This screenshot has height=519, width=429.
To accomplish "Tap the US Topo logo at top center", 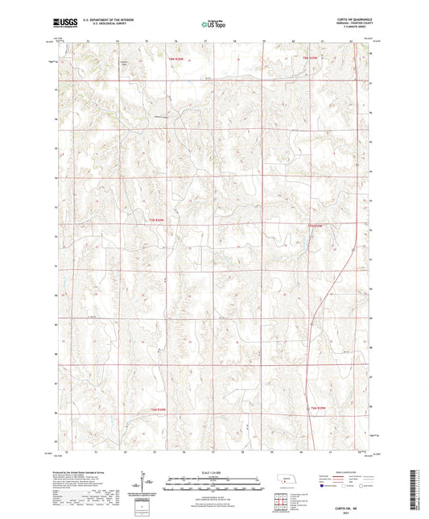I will click(x=213, y=25).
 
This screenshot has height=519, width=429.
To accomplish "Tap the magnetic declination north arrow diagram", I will click(x=145, y=482).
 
